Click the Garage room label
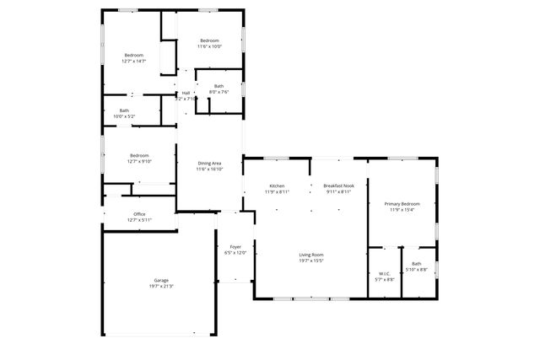click(161, 280)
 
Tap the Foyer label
click(235, 247)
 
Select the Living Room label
click(311, 255)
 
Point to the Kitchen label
click(278, 185)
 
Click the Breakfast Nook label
click(338, 185)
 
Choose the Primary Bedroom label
click(402, 204)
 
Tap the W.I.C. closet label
click(384, 273)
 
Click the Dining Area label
click(210, 164)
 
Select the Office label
click(139, 214)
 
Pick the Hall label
click(186, 93)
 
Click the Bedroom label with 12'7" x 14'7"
click(134, 56)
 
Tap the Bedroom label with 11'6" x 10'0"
click(209, 41)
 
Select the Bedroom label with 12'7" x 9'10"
click(139, 155)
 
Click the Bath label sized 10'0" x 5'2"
click(124, 110)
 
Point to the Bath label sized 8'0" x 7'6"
click(219, 86)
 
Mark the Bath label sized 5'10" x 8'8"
click(417, 264)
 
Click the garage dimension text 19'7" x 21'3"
click(161, 286)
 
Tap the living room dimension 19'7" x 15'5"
click(311, 261)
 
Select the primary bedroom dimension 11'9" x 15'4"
click(402, 210)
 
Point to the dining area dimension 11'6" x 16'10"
click(210, 169)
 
